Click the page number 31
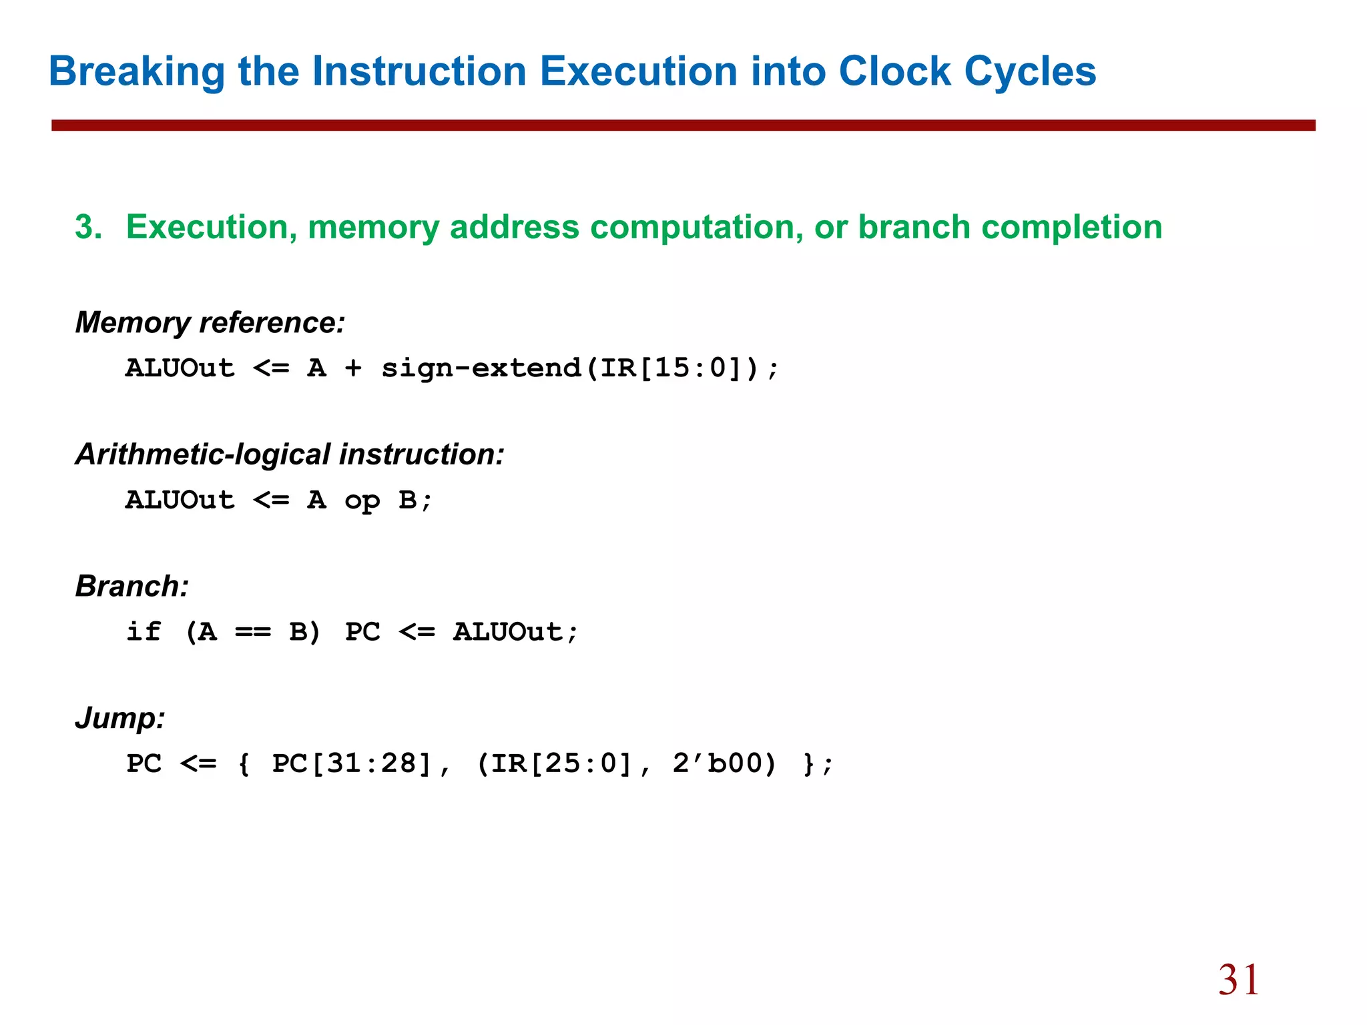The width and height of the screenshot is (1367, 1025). coord(1238,980)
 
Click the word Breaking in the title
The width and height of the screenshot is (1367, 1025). coord(137,71)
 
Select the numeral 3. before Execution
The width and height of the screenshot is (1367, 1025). coord(88,228)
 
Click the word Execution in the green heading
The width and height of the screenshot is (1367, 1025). coord(211,228)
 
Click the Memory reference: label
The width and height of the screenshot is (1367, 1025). coord(210,323)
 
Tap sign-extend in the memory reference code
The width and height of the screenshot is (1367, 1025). coord(481,368)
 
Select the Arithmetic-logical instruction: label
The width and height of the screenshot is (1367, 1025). coord(290,455)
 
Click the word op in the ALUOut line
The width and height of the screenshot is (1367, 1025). coord(362,500)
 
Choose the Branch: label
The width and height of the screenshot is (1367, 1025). coord(132,587)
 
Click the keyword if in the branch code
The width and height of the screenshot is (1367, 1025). coord(144,631)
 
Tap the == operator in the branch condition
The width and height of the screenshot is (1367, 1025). coord(253,632)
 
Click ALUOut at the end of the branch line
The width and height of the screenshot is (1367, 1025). coord(508,632)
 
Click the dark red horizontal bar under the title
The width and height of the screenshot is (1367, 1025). coord(683,125)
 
